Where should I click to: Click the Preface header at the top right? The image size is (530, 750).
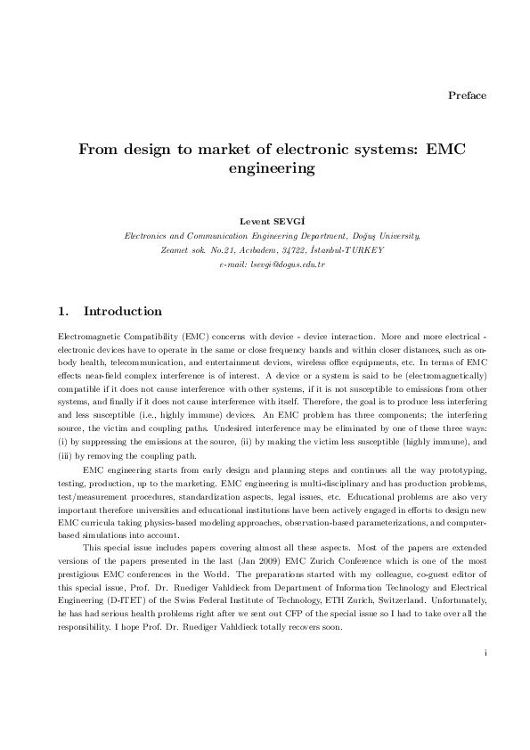coord(467,95)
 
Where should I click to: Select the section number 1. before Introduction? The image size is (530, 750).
coord(62,312)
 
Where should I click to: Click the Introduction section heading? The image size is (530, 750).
coord(122,312)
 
